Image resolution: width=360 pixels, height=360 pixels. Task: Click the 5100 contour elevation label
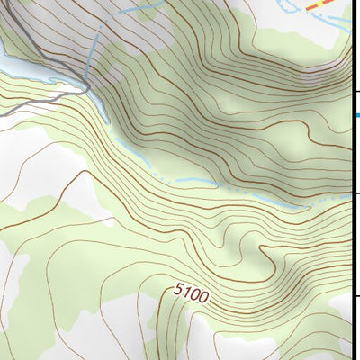[190, 294]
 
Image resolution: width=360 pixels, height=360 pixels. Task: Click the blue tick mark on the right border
[356, 115]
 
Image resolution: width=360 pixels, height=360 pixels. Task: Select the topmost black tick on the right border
[356, 90]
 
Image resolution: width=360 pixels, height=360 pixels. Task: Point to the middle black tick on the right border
[356, 193]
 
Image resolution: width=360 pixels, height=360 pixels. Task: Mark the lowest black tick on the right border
[356, 296]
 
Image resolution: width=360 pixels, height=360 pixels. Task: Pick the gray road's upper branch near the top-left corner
[36, 36]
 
